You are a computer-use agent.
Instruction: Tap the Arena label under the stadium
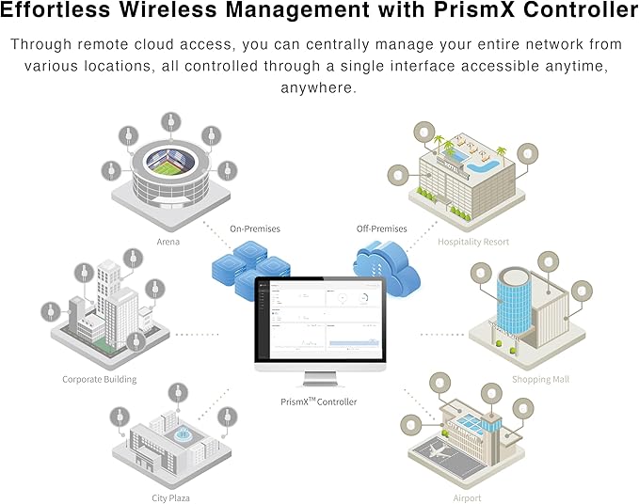point(168,242)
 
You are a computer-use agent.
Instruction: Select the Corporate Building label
point(100,379)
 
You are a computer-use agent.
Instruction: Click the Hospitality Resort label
point(473,242)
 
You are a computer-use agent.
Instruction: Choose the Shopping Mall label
point(540,379)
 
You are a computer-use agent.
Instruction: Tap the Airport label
point(467,497)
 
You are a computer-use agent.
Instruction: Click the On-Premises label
point(255,228)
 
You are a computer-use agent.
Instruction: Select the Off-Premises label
point(382,228)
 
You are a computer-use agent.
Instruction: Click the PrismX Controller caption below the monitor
point(319,402)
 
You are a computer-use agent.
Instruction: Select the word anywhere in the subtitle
point(319,87)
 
